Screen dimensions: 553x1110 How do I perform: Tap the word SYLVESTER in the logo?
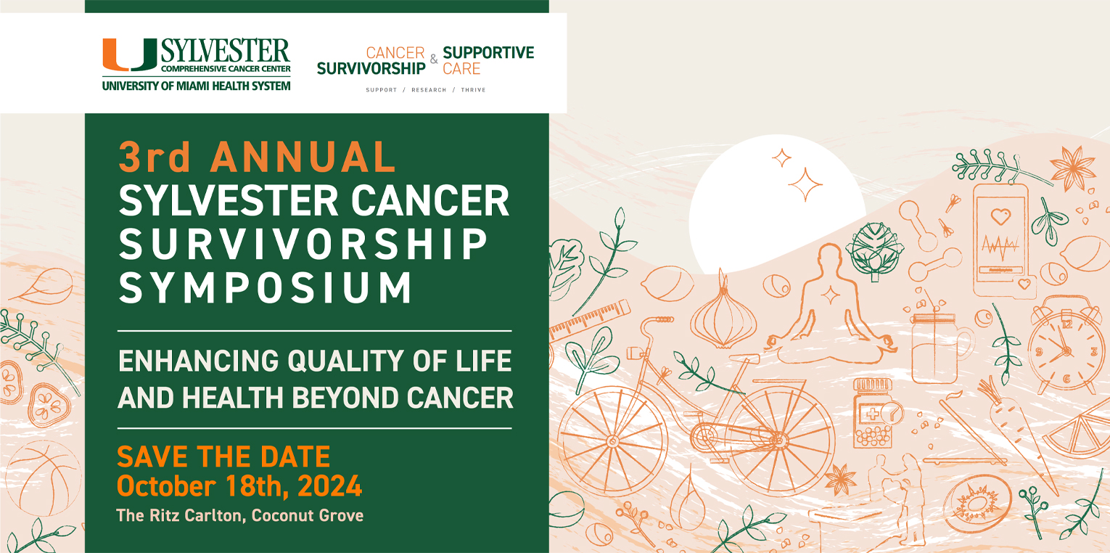(225, 51)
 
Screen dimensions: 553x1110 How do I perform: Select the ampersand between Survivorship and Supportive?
(434, 60)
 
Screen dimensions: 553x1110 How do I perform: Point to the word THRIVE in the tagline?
(473, 90)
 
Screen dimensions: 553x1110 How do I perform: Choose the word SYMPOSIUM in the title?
(266, 287)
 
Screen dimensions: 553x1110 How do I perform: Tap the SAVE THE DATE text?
(223, 457)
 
